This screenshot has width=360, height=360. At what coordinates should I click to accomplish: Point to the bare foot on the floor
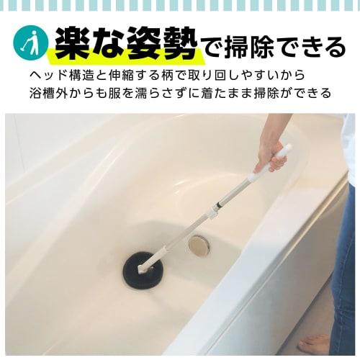pyautogui.click(x=315, y=343)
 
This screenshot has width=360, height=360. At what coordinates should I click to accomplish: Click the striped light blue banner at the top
pyautogui.click(x=180, y=8)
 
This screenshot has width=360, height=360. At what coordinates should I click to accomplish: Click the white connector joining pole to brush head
pyautogui.click(x=153, y=258)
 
